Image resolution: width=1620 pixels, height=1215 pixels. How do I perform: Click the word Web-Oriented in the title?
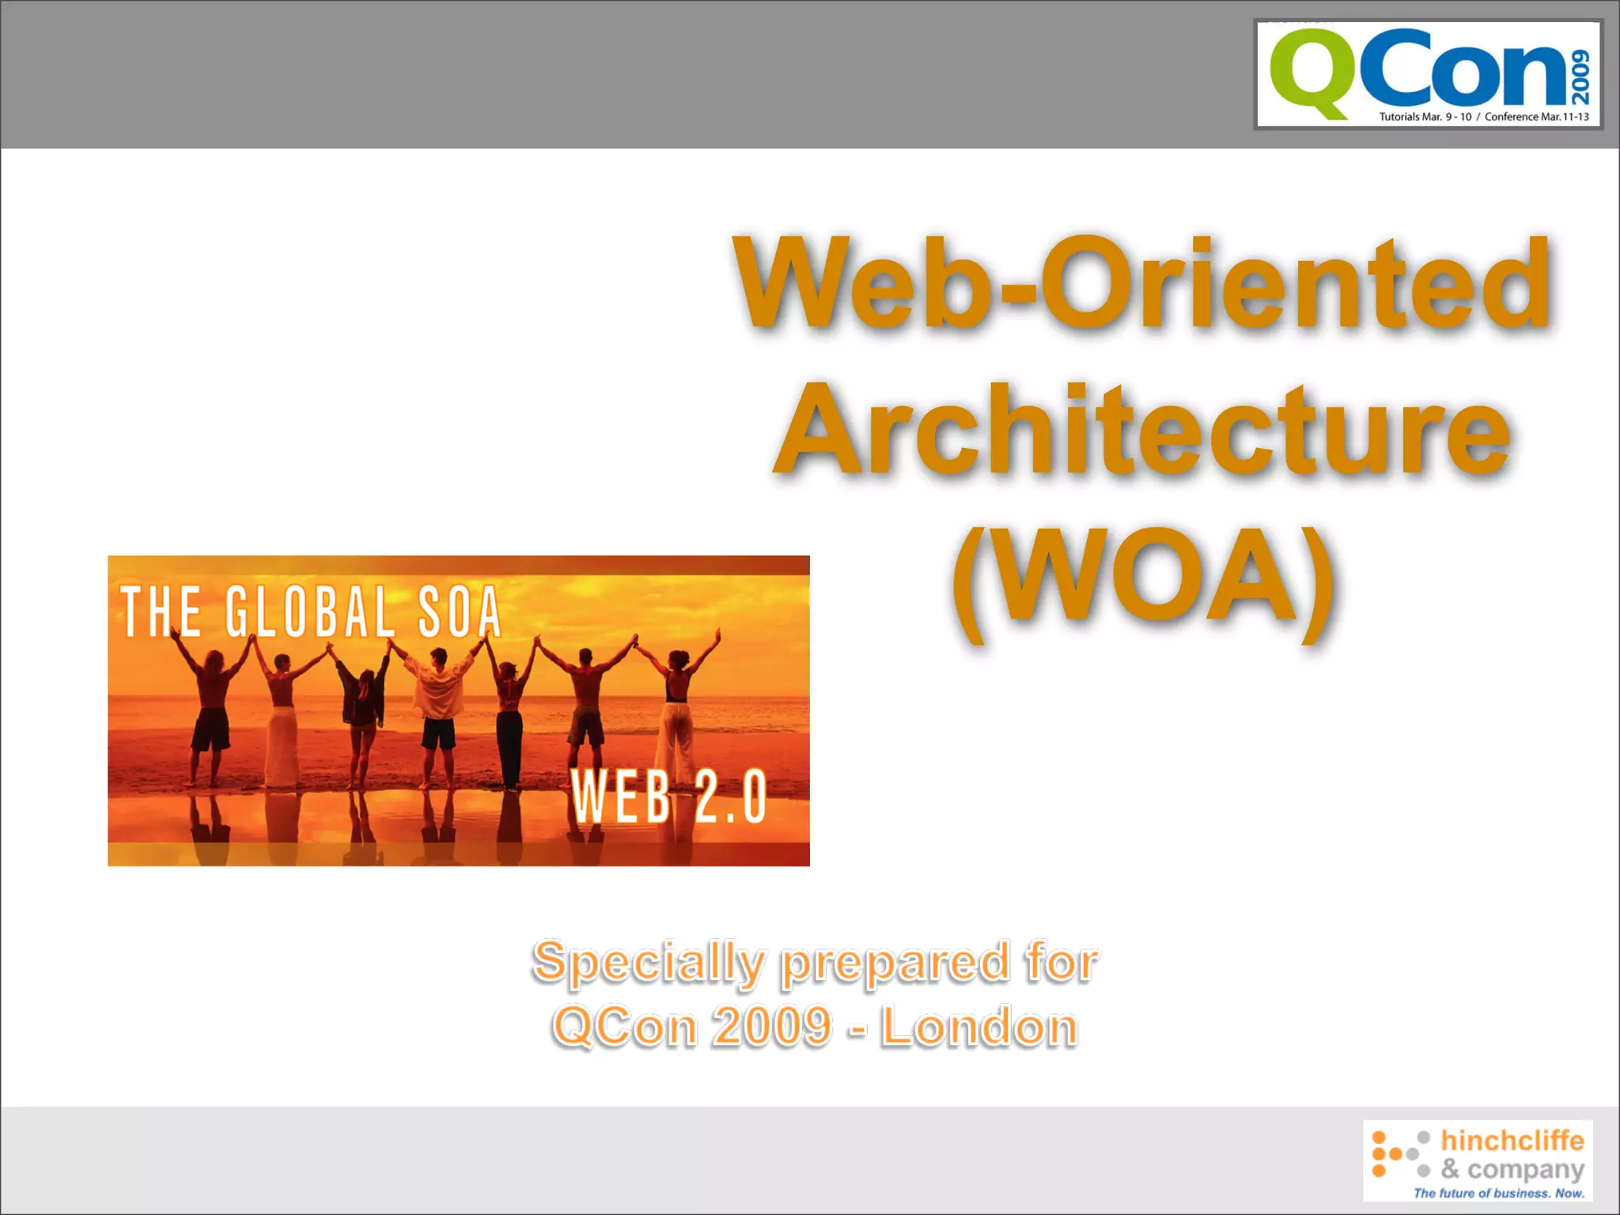(x=1142, y=284)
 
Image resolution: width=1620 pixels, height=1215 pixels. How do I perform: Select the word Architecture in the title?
(x=1142, y=431)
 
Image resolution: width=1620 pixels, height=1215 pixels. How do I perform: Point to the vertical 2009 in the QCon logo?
(x=1580, y=77)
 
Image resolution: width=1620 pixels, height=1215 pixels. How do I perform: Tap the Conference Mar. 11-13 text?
(x=1536, y=117)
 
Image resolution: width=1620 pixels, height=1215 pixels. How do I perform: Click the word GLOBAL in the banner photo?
(x=310, y=611)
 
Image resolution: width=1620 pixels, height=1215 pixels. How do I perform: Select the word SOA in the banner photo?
(x=460, y=611)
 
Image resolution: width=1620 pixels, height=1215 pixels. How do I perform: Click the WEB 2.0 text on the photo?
(x=669, y=797)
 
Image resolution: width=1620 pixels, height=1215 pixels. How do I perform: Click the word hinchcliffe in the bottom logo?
(x=1512, y=1141)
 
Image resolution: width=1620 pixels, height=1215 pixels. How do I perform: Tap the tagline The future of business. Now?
(x=1499, y=1193)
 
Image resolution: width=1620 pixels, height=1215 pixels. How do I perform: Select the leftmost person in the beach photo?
(x=210, y=704)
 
